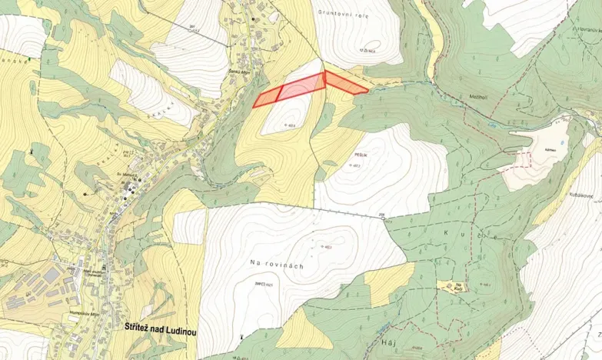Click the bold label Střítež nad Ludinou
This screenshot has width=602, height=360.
160,327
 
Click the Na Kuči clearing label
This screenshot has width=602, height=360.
458,286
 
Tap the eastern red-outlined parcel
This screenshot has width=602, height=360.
344,82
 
